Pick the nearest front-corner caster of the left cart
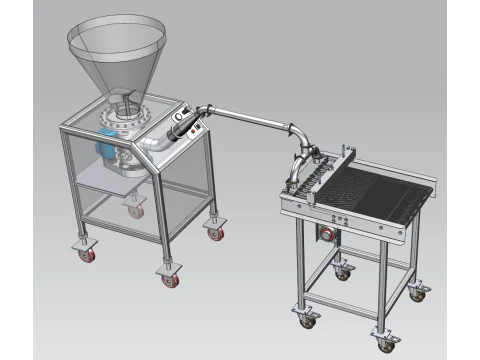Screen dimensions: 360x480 (x=170, y=275)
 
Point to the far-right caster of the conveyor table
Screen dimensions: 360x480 (x=419, y=293)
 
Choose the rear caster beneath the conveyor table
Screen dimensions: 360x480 (x=343, y=270)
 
